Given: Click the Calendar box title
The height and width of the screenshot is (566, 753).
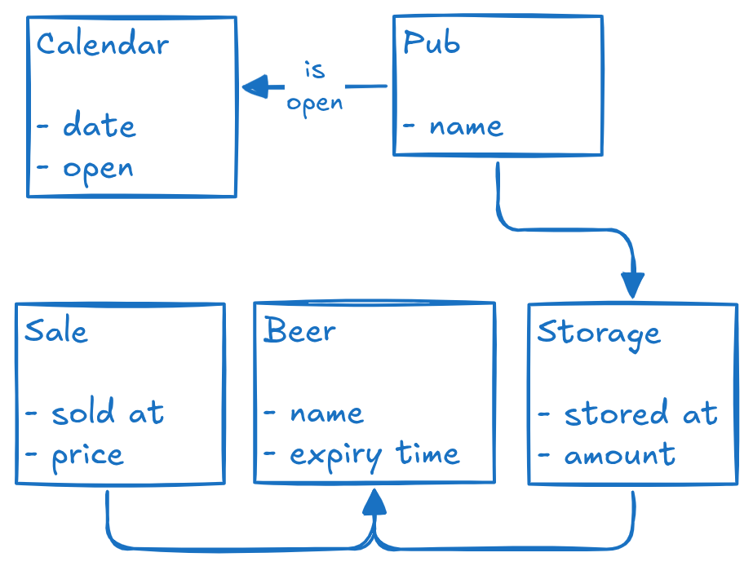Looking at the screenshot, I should [103, 44].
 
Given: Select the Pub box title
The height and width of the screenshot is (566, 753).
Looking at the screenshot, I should [432, 43].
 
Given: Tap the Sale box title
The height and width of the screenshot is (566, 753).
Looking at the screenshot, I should [55, 331].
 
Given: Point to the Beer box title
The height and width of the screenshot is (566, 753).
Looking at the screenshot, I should [299, 331].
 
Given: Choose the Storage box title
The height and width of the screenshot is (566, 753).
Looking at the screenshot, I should [598, 333].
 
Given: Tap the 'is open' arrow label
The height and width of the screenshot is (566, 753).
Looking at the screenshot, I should [315, 86].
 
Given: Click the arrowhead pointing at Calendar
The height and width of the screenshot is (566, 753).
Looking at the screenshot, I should [256, 86].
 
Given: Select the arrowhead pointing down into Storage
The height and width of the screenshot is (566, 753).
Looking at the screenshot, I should [632, 285].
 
